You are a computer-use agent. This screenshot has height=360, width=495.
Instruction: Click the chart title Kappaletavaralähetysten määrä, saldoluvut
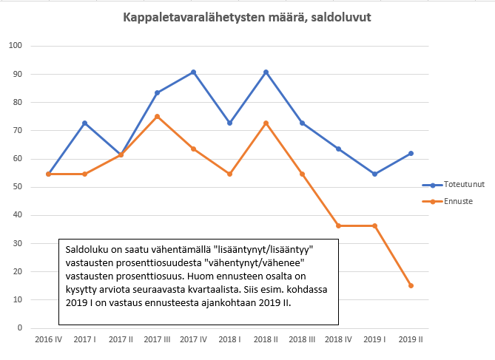click(x=247, y=18)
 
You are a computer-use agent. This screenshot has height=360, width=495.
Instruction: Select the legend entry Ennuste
click(x=458, y=200)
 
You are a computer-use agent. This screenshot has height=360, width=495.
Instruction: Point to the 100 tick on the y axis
click(x=16, y=46)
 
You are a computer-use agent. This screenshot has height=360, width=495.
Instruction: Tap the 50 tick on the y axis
click(x=18, y=187)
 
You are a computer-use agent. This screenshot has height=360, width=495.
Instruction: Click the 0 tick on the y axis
click(x=21, y=327)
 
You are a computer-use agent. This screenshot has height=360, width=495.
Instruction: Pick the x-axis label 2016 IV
click(x=48, y=339)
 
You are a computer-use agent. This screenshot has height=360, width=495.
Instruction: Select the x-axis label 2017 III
click(x=157, y=339)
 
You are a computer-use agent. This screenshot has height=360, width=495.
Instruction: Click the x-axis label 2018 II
click(x=266, y=339)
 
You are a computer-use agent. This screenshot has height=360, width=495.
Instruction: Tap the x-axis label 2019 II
click(x=411, y=339)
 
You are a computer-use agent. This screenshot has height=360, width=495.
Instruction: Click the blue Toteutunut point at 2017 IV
click(x=193, y=72)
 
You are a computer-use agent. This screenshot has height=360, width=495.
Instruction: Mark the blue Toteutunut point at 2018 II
click(x=266, y=72)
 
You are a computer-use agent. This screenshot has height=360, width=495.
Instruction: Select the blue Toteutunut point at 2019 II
click(x=411, y=153)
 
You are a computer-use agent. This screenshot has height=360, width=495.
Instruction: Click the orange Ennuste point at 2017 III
click(x=157, y=116)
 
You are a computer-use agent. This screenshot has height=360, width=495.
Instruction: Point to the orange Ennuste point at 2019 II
click(x=411, y=285)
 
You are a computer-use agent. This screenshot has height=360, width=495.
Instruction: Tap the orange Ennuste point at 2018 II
click(x=266, y=123)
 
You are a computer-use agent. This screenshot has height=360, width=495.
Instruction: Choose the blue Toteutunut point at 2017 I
click(x=84, y=123)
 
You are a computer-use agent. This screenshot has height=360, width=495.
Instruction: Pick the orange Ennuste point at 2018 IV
click(x=338, y=225)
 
